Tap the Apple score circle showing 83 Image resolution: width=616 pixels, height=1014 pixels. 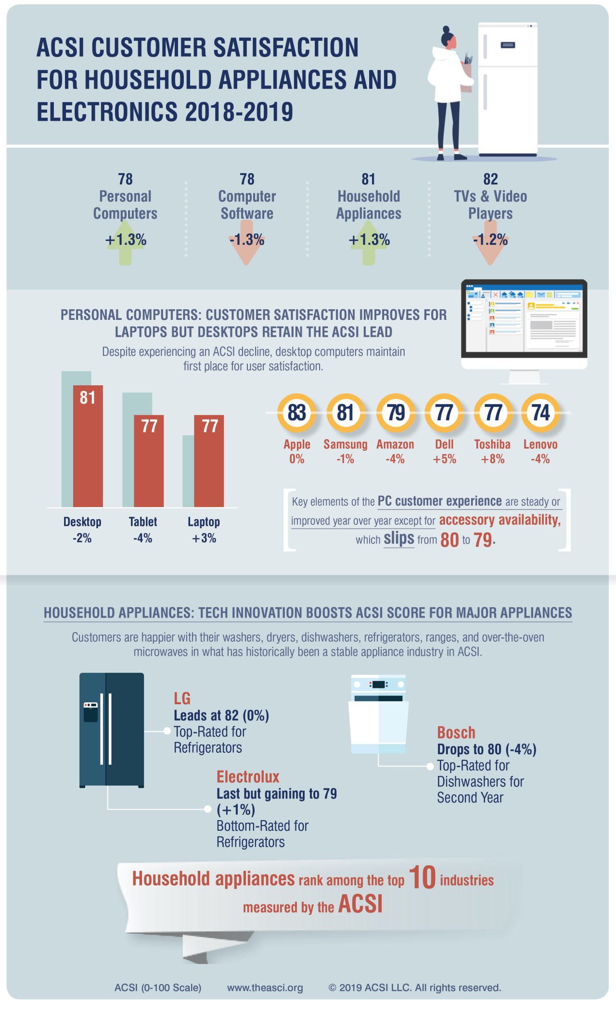(296, 412)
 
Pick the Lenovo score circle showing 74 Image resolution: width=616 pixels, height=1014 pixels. (540, 412)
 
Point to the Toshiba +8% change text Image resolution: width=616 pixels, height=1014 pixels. (492, 459)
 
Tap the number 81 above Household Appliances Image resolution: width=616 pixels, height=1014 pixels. (368, 179)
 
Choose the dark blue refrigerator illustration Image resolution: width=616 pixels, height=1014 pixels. (112, 729)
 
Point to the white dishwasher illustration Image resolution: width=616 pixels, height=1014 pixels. (378, 715)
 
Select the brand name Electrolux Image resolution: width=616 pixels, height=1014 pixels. (247, 777)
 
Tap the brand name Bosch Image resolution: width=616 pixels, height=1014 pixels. (456, 733)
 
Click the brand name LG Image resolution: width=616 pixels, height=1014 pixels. (182, 698)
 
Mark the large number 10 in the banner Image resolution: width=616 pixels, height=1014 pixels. (422, 877)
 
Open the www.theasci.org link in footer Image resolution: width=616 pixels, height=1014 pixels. (265, 988)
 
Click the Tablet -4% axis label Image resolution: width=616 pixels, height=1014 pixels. (142, 530)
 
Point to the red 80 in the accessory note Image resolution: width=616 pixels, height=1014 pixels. (449, 540)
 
